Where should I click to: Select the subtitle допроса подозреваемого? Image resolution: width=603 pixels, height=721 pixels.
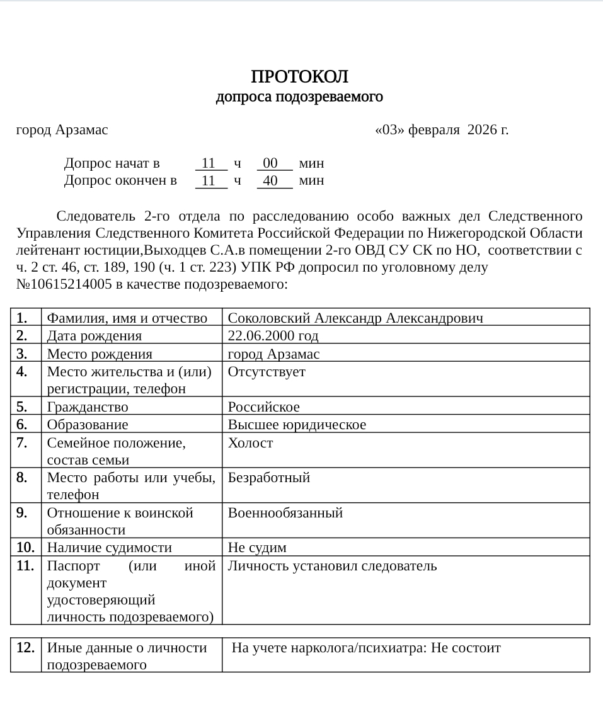pos(299,98)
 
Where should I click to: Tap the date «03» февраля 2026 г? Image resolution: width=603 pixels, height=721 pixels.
pos(442,130)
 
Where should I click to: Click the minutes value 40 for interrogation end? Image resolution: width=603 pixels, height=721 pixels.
pos(271,181)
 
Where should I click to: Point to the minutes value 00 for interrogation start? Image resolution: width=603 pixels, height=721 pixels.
pos(271,164)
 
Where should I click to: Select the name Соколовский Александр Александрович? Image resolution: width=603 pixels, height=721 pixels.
pos(355,318)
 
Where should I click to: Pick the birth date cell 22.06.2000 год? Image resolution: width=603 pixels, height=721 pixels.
pos(273,335)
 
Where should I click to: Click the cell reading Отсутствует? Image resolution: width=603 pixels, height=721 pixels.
pos(267,372)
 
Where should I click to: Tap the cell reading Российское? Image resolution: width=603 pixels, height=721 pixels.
pos(264,407)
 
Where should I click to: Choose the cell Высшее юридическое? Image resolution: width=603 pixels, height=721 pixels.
pos(297,424)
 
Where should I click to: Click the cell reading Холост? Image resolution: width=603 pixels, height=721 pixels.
pos(250,443)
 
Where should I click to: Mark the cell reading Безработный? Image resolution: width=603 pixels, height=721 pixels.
pos(269,478)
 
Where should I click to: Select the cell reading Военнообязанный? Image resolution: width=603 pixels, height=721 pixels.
pos(285,512)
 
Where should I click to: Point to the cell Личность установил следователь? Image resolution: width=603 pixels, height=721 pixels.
pos(332,566)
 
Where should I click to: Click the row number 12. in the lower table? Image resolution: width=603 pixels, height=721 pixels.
pos(25,647)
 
